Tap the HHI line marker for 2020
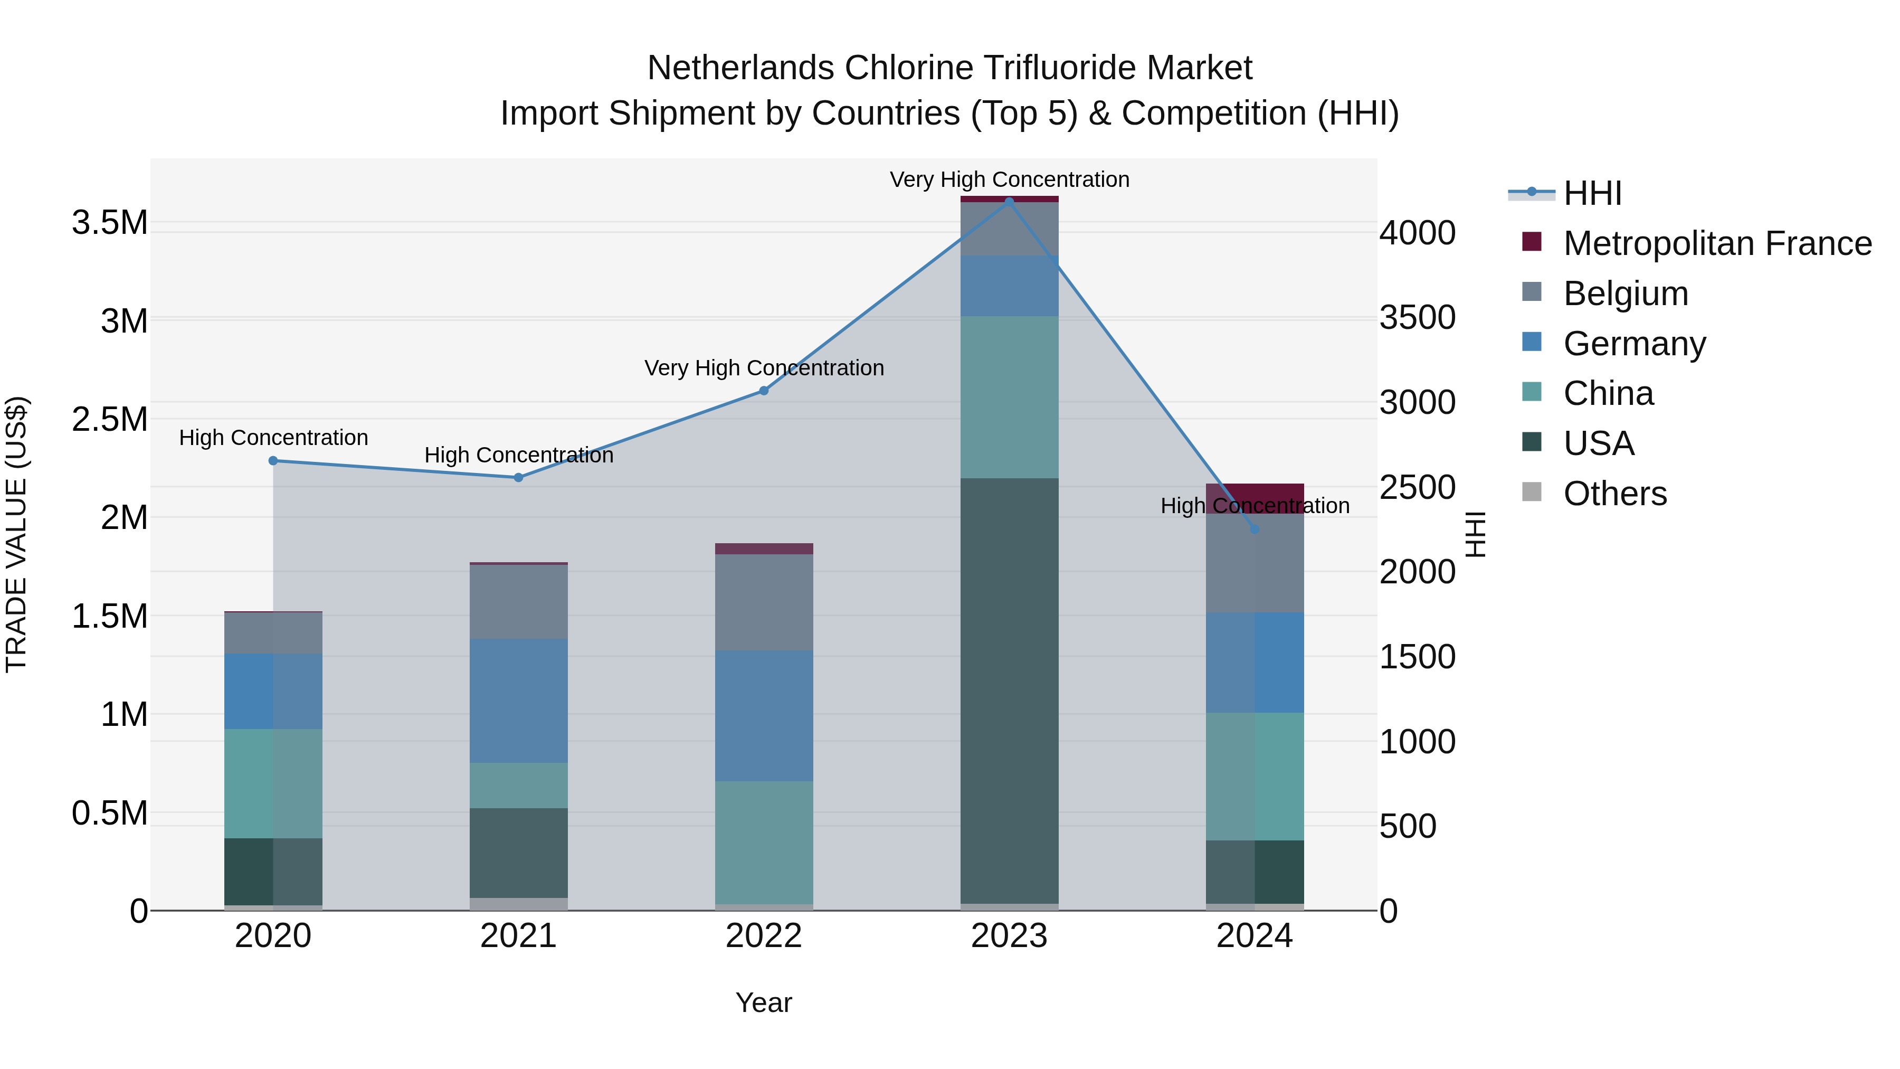(x=273, y=460)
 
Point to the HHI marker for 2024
(x=1255, y=529)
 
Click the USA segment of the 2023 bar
(x=1009, y=690)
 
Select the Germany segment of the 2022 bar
(x=763, y=716)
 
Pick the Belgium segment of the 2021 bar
(x=518, y=601)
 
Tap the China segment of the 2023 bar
(x=1009, y=397)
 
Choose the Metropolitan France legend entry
(x=1717, y=243)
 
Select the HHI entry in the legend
(x=1592, y=193)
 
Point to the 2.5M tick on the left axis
(x=109, y=419)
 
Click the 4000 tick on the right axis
(x=1417, y=232)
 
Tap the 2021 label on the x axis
(x=518, y=936)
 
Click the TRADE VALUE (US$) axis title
(x=16, y=534)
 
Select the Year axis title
(x=763, y=1002)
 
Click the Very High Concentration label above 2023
(x=1009, y=179)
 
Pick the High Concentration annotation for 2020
(x=273, y=438)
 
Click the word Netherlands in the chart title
(x=742, y=68)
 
